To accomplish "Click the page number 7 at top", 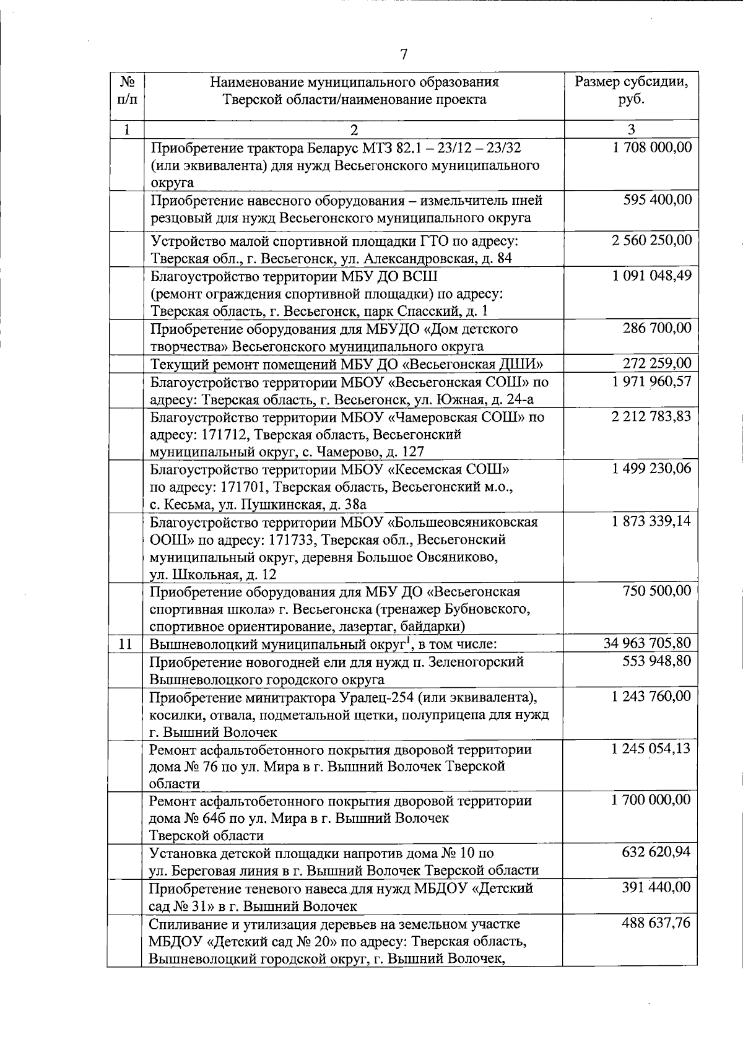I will (x=403, y=55).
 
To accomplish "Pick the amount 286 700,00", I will (x=657, y=328).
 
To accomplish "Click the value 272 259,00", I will (x=657, y=363).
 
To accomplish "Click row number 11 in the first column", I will (x=126, y=644).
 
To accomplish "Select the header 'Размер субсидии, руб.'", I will (x=631, y=90).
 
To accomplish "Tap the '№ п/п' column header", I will (x=127, y=90).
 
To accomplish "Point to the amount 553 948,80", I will (x=656, y=661).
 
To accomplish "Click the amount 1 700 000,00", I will (x=651, y=800).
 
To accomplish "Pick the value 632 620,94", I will (x=656, y=853).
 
